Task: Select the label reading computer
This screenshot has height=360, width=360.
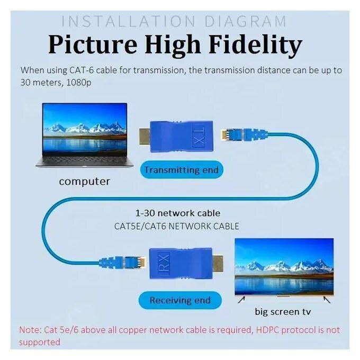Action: coord(85,182)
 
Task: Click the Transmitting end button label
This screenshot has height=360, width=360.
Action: coord(181,170)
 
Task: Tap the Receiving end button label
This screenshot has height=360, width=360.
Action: coord(180,300)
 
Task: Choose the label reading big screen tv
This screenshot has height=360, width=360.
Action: coord(284,311)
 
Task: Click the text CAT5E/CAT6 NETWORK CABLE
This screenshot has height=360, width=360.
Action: coord(177,226)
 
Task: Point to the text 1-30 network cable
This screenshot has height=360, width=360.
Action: coord(178,213)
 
